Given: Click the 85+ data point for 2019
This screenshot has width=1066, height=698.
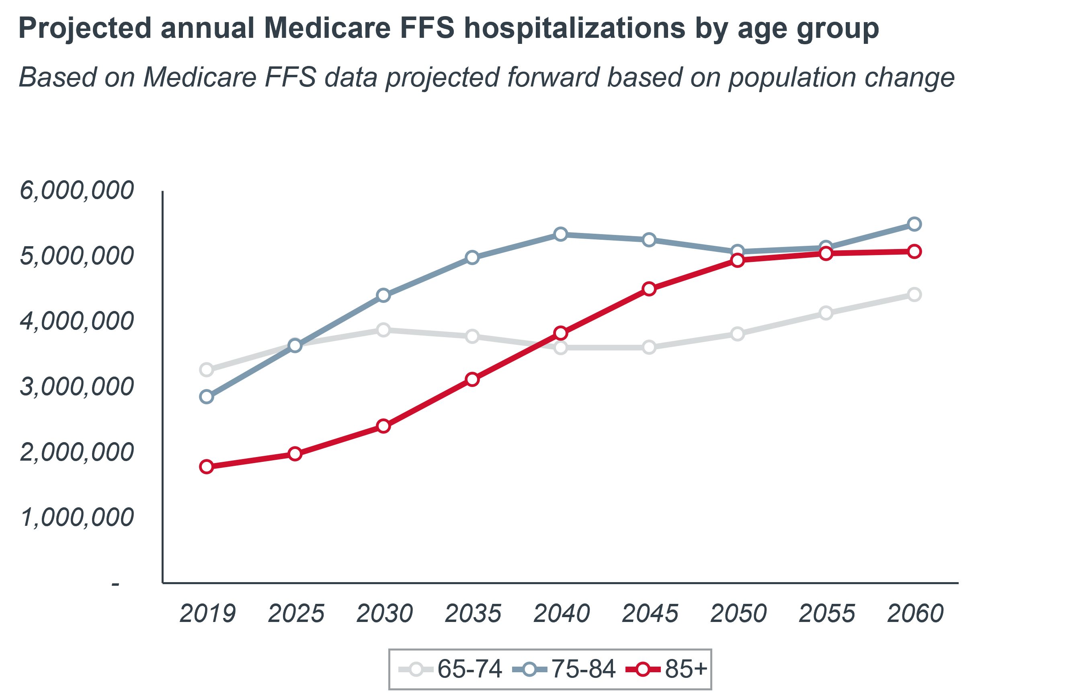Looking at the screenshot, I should pos(207,467).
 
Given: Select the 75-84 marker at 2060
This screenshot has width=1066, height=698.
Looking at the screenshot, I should pos(914,224).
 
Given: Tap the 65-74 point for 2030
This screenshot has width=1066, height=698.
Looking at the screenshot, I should pos(383,330).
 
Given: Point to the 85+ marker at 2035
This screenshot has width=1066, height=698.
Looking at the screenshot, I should pos(472,379).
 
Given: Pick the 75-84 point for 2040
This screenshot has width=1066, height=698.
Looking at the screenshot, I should pos(560,234).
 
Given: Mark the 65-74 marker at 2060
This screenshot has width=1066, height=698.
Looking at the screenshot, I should pos(914,294).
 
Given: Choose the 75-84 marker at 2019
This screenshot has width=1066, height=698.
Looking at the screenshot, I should pos(207,397).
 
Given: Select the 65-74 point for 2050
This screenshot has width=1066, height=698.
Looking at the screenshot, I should pos(737,334).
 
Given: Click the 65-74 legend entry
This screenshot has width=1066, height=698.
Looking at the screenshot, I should pos(450,669).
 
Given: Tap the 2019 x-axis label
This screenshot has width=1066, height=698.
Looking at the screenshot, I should pos(207,613).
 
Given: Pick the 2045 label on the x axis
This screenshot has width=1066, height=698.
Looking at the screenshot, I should pos(650,613).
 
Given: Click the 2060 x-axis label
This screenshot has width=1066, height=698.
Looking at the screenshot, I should pos(915,613).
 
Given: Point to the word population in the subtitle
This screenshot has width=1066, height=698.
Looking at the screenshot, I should pos(791,77).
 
